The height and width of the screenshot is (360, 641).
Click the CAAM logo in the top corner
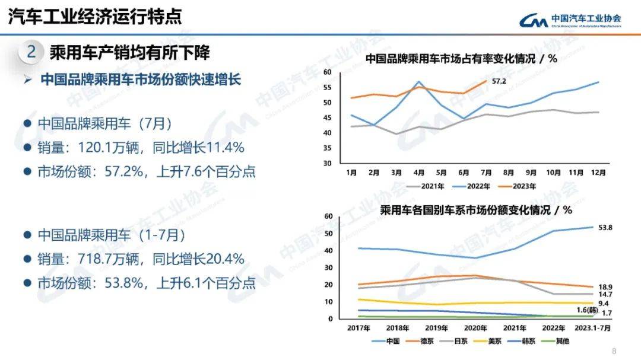570,20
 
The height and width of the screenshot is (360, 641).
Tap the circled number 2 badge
31,52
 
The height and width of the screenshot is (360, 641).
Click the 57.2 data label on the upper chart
499,81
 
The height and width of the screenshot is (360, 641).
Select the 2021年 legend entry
430,186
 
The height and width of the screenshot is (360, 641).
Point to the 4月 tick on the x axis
418,173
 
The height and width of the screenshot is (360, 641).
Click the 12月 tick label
598,173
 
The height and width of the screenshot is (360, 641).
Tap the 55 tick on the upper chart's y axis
327,87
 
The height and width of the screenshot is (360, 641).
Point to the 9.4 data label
604,304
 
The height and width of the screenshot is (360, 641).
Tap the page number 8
614,350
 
